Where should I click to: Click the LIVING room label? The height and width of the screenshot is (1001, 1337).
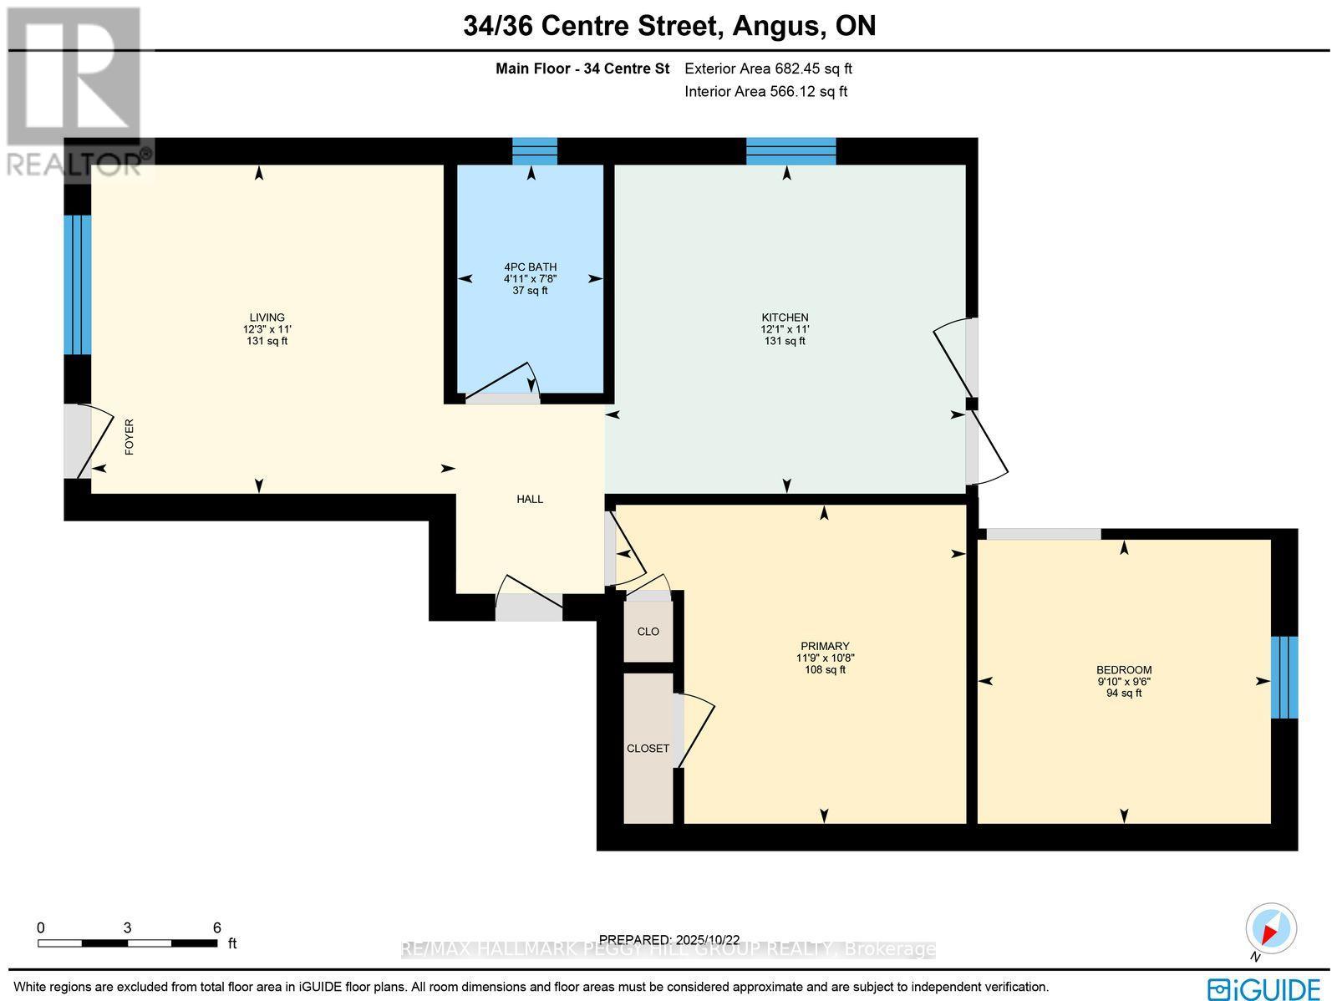coord(267,318)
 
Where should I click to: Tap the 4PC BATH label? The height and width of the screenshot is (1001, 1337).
coord(530,267)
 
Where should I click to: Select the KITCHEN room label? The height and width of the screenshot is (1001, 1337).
coord(785,318)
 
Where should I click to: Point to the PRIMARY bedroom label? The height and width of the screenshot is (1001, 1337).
coord(825,646)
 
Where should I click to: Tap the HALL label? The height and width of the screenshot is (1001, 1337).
coord(530,499)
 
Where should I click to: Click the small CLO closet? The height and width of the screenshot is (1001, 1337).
coord(648,632)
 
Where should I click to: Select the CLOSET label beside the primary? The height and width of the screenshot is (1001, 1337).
coord(648,748)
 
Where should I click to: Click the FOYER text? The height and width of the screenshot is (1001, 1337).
coord(130,437)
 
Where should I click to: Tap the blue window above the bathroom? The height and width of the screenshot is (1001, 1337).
coord(534,151)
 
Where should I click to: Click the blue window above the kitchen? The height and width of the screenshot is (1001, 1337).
coord(791,151)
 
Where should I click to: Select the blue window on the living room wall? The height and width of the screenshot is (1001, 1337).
coord(78,285)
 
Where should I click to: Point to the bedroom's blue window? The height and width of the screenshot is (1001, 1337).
coord(1284,678)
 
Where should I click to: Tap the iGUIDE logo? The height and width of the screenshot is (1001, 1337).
coord(1264,988)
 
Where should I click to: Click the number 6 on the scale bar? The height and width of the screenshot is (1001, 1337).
coord(216,927)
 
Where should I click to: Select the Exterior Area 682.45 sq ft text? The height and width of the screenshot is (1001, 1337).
coord(768,69)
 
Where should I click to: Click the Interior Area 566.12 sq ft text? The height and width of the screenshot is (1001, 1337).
coord(765,92)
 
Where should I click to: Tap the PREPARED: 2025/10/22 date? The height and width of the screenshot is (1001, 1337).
coord(669,939)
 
